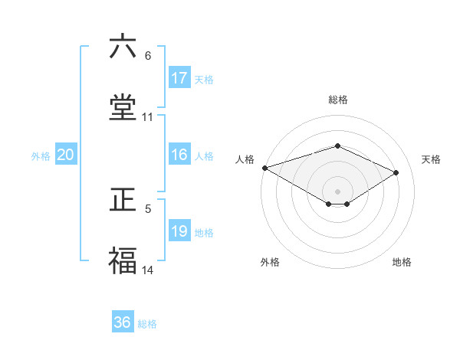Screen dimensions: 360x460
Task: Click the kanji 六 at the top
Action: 123,47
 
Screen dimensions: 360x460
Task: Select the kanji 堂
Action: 123,108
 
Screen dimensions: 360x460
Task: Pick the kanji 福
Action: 123,261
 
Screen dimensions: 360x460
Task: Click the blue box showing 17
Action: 179,78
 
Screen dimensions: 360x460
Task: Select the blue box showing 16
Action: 179,155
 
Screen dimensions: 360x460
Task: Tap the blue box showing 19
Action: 179,231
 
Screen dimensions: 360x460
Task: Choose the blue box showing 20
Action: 66,155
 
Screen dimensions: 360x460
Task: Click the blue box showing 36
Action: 123,322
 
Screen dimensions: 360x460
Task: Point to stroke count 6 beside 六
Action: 148,56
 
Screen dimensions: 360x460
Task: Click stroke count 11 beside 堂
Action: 148,117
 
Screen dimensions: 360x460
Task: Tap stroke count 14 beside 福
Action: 148,270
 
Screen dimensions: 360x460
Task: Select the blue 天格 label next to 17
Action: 204,80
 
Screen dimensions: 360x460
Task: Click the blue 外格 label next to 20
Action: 41,156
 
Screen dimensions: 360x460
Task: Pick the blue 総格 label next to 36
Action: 147,324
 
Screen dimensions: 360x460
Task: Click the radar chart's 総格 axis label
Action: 338,100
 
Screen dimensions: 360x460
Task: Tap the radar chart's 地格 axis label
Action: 402,262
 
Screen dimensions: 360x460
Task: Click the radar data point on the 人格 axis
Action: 264,167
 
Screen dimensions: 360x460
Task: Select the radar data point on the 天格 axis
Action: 396,172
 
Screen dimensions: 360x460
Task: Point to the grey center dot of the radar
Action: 338,191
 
